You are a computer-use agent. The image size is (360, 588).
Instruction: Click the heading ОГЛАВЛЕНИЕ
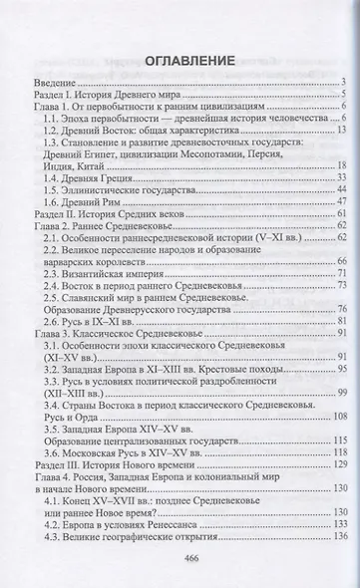(180, 61)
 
